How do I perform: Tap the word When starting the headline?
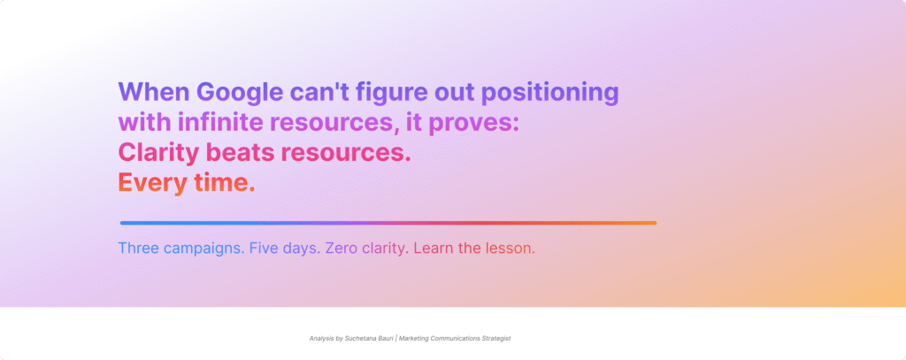(x=153, y=92)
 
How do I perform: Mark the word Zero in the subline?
(x=342, y=249)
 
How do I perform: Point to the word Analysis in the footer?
(x=322, y=338)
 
